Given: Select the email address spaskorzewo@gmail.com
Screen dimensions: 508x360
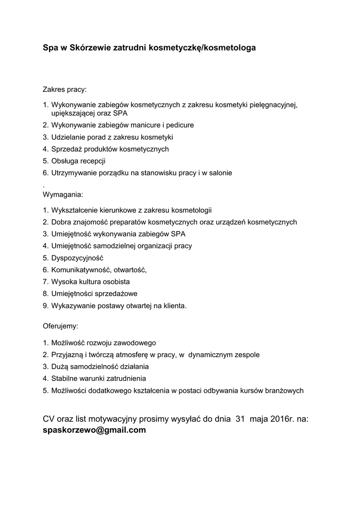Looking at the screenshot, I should (x=94, y=430).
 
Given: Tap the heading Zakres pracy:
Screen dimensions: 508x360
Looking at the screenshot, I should (x=65, y=90).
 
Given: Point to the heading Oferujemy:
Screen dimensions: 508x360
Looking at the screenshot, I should (x=61, y=326).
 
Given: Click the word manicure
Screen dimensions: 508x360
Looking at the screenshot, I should (x=145, y=125).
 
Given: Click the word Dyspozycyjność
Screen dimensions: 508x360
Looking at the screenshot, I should (x=77, y=258).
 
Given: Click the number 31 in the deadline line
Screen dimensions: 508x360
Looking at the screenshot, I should (x=240, y=419).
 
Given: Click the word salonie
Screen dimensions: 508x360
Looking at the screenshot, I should (x=219, y=173).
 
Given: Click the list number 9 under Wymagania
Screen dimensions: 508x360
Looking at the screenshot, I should (x=45, y=306).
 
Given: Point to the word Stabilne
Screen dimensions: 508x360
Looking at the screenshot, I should (x=65, y=379).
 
